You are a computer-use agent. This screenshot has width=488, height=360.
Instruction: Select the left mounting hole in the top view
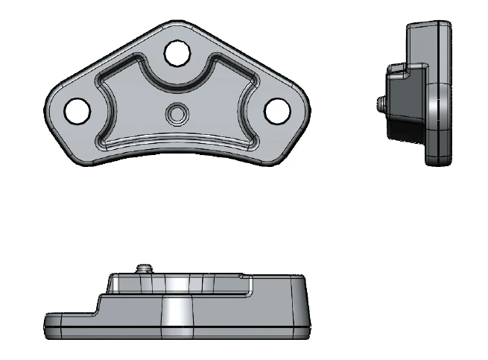(77, 110)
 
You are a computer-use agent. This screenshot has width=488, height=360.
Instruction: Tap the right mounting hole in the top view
(278, 110)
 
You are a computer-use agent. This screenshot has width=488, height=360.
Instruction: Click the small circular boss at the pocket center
(177, 114)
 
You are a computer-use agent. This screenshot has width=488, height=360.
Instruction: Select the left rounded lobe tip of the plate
(51, 112)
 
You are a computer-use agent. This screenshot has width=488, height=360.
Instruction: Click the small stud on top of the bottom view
(145, 268)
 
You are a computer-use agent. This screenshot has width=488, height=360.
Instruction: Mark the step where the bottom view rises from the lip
(98, 304)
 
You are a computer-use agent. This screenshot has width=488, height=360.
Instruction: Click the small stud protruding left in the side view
(381, 101)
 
